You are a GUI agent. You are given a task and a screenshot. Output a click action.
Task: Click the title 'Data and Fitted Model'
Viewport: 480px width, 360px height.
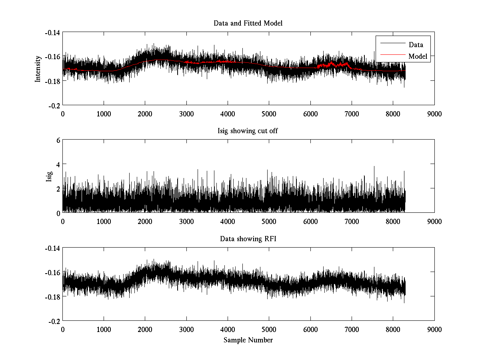pyautogui.click(x=248, y=23)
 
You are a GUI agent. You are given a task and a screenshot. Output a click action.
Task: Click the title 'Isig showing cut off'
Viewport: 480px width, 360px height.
pyautogui.click(x=248, y=131)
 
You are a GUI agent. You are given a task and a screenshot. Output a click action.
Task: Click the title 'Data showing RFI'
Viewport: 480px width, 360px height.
pyautogui.click(x=248, y=239)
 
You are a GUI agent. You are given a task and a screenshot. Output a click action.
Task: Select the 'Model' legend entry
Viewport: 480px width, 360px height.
pyautogui.click(x=418, y=56)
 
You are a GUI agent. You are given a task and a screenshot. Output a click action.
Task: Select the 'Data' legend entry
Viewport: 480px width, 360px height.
pyautogui.click(x=416, y=45)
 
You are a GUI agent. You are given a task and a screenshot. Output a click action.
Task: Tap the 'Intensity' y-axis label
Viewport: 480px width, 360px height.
pyautogui.click(x=38, y=68)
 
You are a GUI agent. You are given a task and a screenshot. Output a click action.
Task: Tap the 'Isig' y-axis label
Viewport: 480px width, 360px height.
pyautogui.click(x=49, y=176)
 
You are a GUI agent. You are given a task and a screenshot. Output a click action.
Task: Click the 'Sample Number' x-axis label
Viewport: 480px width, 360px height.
pyautogui.click(x=248, y=340)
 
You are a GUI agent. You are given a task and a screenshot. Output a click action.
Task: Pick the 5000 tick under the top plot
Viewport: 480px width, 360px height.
pyautogui.click(x=269, y=113)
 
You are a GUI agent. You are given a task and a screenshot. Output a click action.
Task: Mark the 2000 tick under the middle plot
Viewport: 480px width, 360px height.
pyautogui.click(x=145, y=221)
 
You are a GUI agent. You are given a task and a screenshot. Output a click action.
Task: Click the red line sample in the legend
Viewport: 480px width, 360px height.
pyautogui.click(x=392, y=55)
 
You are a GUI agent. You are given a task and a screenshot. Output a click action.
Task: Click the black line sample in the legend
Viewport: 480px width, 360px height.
pyautogui.click(x=392, y=43)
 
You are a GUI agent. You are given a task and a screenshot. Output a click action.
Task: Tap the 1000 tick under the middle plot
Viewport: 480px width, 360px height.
pyautogui.click(x=104, y=221)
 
